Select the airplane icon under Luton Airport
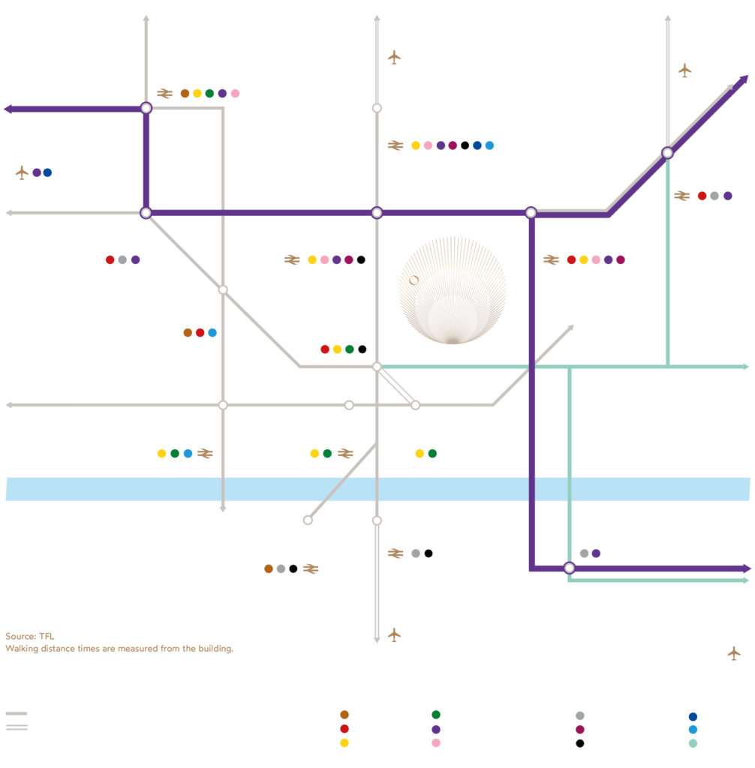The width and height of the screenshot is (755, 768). (395, 57)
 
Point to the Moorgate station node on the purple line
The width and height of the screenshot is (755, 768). (377, 213)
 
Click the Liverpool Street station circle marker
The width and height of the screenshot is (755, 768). (531, 213)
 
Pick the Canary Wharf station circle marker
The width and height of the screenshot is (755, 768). (569, 568)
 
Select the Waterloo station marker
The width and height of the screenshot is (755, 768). (308, 520)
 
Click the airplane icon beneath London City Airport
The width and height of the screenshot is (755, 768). (734, 653)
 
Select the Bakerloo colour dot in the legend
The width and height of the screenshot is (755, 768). (344, 715)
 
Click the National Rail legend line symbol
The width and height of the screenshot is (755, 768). (17, 728)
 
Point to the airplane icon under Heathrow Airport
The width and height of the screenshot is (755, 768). (22, 172)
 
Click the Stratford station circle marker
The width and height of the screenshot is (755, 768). (666, 153)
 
